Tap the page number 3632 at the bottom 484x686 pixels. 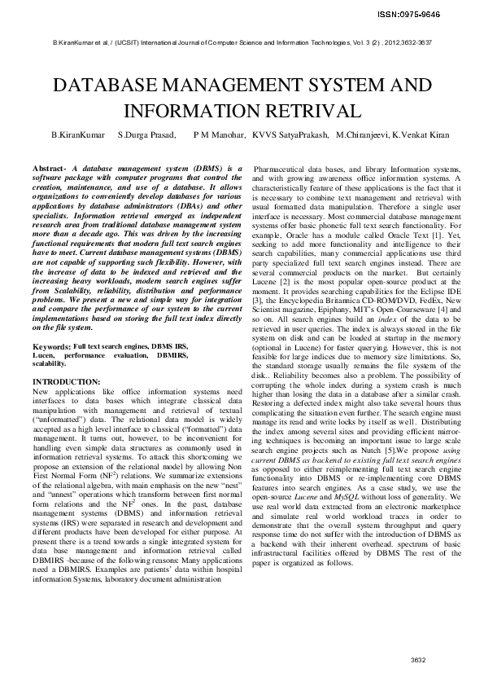coord(419,659)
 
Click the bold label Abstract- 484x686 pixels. coord(50,167)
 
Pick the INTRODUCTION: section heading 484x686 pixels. coord(67,382)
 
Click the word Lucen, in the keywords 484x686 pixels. coord(43,356)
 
